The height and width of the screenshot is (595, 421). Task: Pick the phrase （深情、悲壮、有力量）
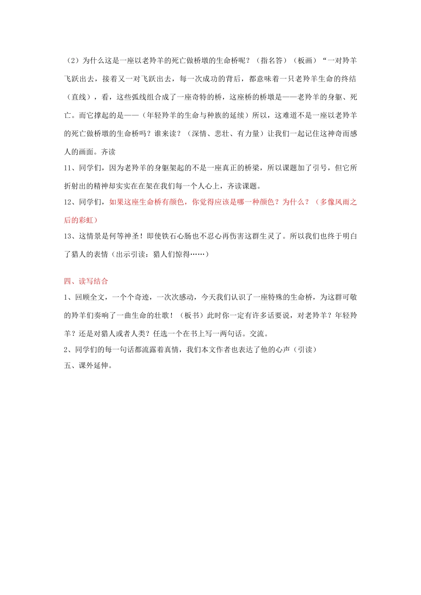point(226,133)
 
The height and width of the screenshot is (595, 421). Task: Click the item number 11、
point(70,168)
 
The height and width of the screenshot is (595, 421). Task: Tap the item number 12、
point(70,202)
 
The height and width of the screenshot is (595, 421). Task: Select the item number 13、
point(70,236)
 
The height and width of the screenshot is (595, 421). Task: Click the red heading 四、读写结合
point(86,281)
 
